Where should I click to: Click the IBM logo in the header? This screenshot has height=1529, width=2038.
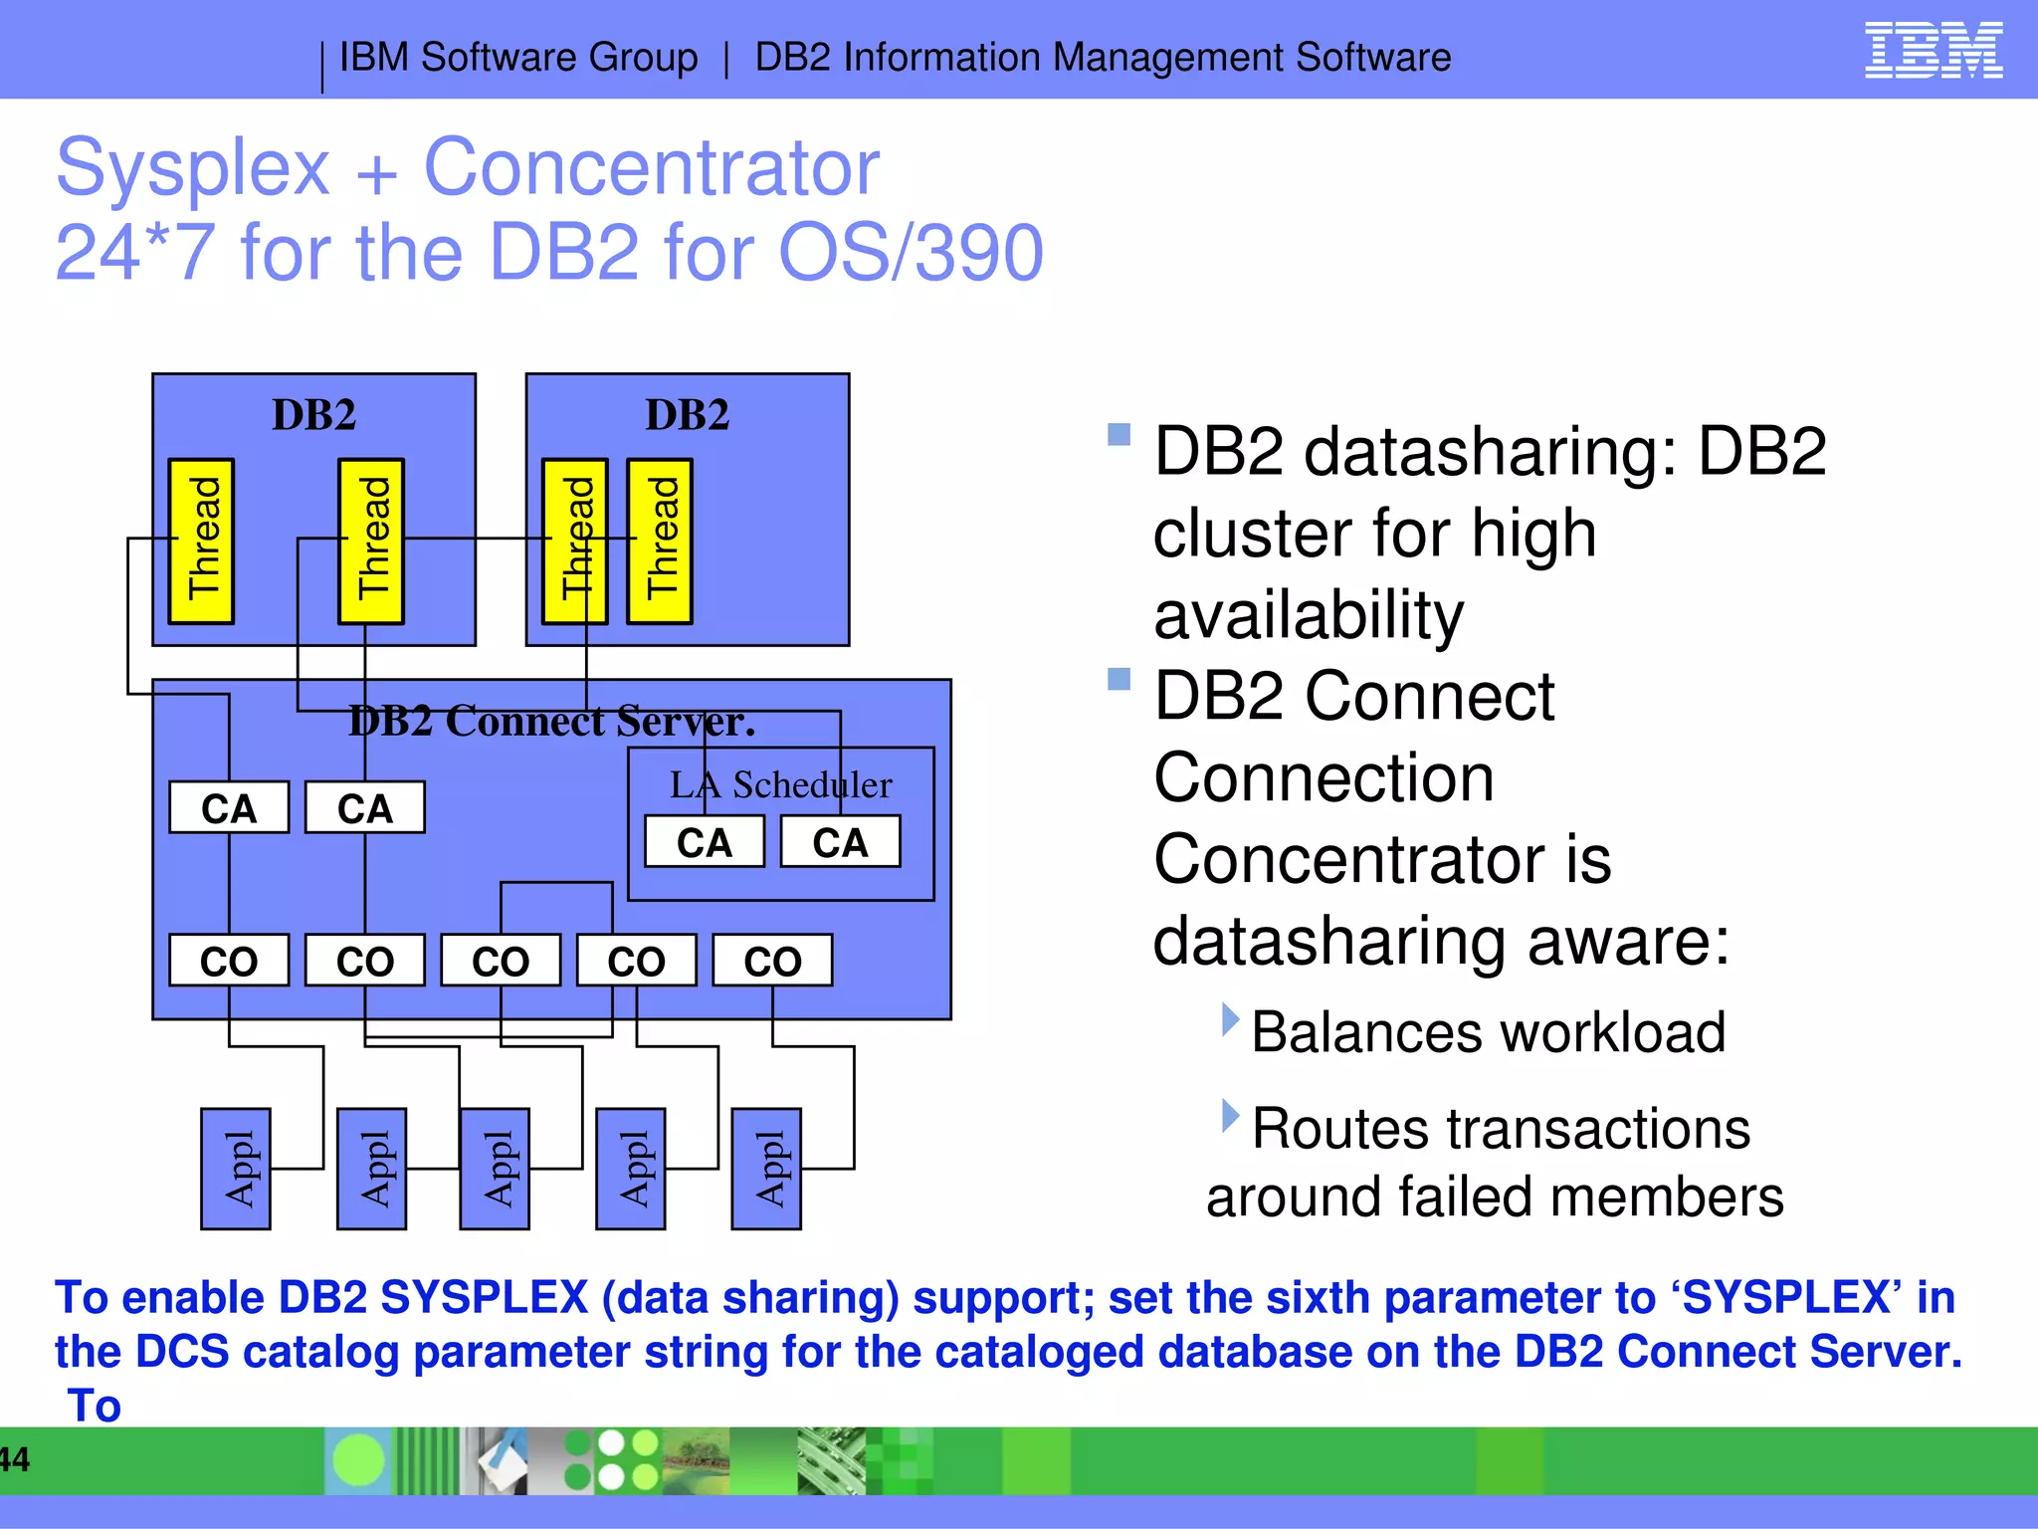point(1933,51)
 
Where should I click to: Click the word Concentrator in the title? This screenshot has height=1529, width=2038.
point(651,167)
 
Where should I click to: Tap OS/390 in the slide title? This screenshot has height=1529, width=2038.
point(911,253)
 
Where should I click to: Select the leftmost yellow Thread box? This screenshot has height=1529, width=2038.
point(201,542)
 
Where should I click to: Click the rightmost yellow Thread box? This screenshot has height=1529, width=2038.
point(660,542)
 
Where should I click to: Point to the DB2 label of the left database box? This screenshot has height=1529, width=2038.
point(313,415)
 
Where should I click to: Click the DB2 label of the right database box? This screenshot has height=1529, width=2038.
point(687,415)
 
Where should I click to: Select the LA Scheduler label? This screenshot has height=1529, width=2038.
point(780,784)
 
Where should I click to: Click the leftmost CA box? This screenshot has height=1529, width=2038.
point(229,807)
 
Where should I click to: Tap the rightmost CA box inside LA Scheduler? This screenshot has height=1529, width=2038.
point(840,842)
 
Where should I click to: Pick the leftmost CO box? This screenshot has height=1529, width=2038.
point(229,961)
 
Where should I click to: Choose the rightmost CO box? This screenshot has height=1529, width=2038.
point(772,961)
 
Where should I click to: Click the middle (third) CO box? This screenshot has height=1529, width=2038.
point(501,961)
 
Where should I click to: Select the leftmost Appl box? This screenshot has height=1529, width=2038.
point(236,1169)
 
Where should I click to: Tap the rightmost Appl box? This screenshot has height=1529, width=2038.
point(766,1169)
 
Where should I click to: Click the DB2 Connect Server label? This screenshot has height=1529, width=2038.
point(551,721)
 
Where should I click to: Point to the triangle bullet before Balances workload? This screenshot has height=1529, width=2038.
point(1231,1020)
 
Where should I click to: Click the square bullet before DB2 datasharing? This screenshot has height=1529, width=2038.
point(1120,435)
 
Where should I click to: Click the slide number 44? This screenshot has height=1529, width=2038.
point(14,1459)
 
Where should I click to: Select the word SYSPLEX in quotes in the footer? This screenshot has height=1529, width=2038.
point(1785,1298)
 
